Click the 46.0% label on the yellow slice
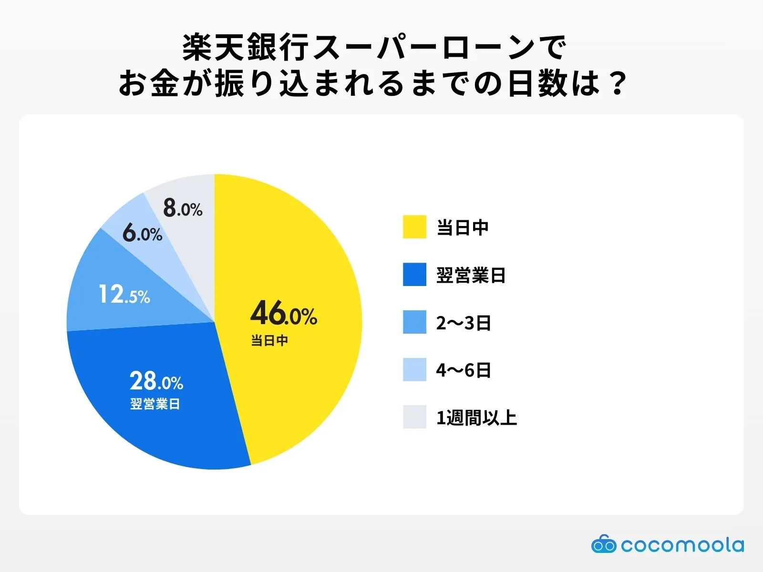tap(284, 314)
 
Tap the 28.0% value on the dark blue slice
tap(156, 381)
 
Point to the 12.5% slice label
tap(124, 294)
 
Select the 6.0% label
tap(142, 234)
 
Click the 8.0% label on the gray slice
tap(183, 208)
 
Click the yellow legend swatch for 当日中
tap(414, 227)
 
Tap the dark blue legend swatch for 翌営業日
tap(414, 275)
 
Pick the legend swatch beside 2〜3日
tap(414, 322)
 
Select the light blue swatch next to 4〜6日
tap(414, 369)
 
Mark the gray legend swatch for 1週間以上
tap(414, 417)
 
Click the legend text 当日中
tap(463, 227)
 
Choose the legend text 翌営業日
tap(471, 275)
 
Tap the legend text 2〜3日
tap(464, 323)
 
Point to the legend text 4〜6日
tap(464, 370)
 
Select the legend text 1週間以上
tap(476, 418)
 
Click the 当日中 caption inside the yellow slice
tap(269, 340)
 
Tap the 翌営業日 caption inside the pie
tap(155, 404)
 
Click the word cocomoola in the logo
tap(682, 545)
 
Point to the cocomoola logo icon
tap(603, 544)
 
